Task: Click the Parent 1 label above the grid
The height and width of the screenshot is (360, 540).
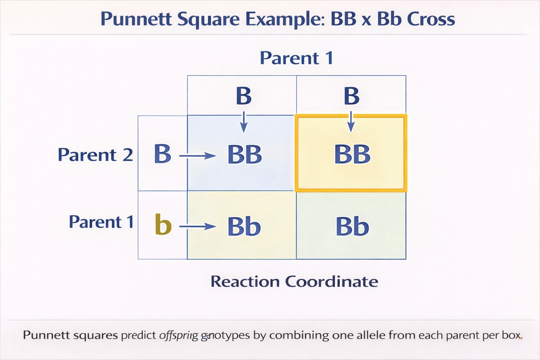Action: (x=296, y=58)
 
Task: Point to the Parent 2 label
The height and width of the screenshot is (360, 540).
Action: (x=95, y=155)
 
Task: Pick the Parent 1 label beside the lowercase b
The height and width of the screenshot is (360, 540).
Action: (x=101, y=222)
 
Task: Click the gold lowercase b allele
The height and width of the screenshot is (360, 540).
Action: (x=163, y=224)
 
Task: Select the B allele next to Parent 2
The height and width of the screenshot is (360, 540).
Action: (x=162, y=154)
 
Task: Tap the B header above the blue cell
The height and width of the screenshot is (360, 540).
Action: (x=244, y=96)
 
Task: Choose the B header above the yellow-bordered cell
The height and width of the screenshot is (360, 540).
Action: (x=351, y=96)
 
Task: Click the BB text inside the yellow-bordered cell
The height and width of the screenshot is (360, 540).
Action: (x=352, y=154)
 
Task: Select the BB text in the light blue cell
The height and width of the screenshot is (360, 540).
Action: (x=245, y=155)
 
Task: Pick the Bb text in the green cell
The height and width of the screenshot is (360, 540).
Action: (x=352, y=227)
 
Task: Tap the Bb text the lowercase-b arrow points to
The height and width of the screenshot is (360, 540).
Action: (x=244, y=227)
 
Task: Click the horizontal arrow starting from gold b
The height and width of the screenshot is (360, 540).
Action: (x=197, y=226)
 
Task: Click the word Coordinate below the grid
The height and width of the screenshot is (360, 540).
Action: (x=331, y=282)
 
